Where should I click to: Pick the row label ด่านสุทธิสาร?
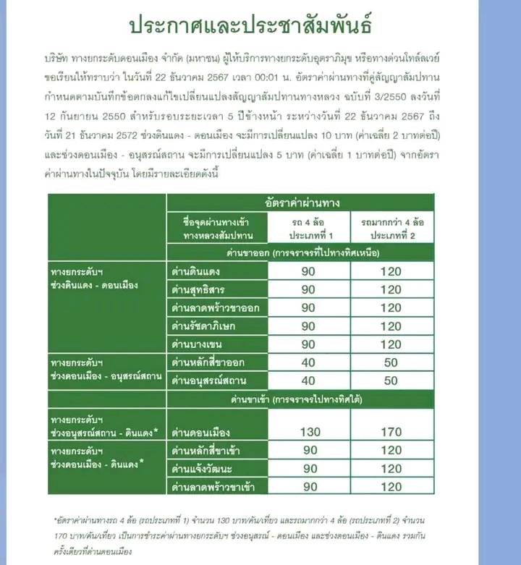196,289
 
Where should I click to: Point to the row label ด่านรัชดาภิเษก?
201,325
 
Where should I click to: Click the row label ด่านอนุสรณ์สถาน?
206,379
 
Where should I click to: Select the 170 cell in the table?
391,433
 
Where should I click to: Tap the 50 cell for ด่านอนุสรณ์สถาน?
391,379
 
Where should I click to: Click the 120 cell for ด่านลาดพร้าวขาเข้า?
391,486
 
